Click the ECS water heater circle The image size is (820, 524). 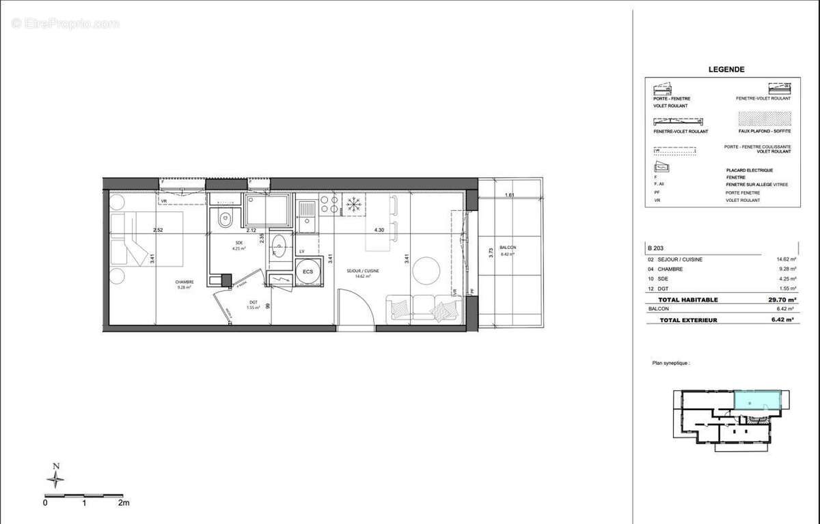pos(309,271)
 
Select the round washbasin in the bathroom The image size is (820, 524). pos(279,243)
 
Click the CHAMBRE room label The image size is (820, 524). pos(184,282)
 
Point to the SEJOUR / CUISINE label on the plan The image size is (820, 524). pos(362,271)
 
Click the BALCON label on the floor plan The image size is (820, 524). pos(508,247)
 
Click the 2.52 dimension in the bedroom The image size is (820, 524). pos(158,230)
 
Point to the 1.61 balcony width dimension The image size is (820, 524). pos(508,196)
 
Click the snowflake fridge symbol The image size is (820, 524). pos(353,204)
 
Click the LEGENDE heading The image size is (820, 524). pos(726,69)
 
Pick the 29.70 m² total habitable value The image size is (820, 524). pos(782,299)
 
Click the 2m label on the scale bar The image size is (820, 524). pos(123,503)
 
